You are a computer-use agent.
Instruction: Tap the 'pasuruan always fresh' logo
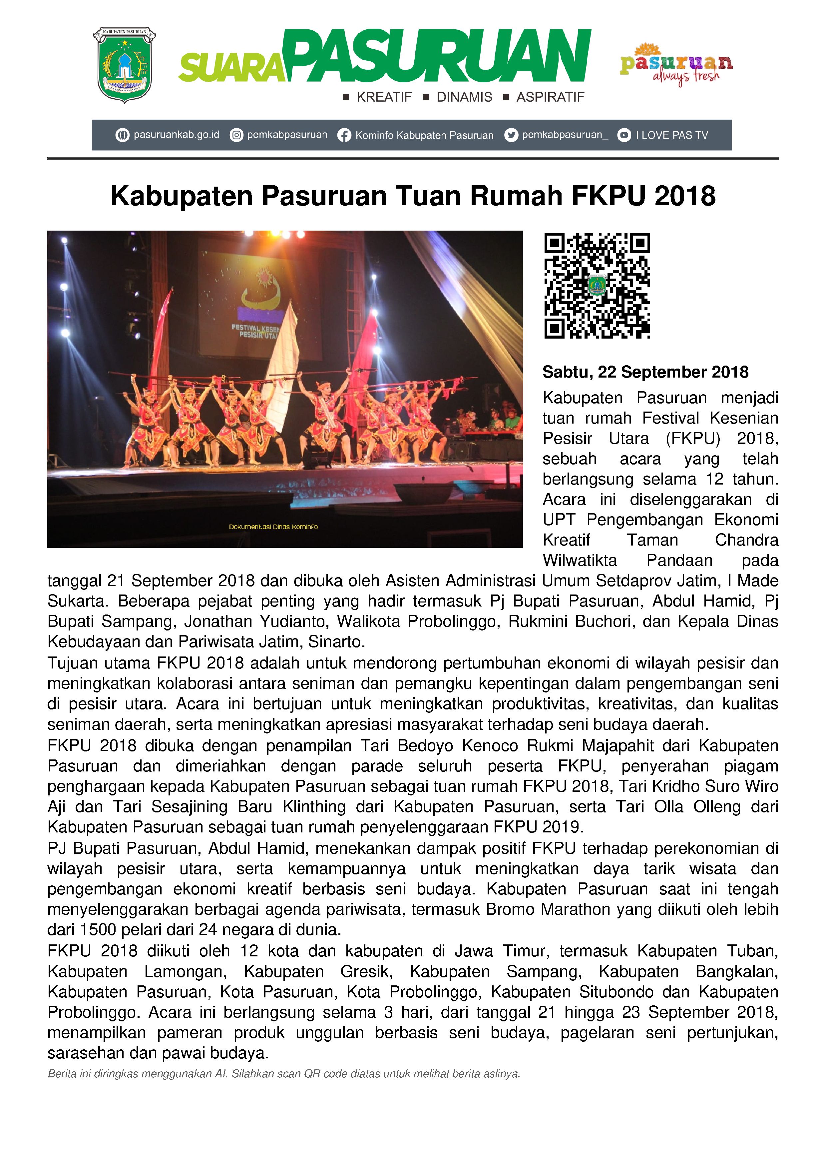tap(675, 65)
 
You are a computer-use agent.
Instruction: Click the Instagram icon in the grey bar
tap(236, 135)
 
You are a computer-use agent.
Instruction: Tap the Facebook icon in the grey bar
tap(344, 135)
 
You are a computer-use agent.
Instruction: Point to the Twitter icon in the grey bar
tap(511, 135)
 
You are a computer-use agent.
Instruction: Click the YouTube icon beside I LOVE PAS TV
tap(624, 135)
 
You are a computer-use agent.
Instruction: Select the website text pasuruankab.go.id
tap(176, 135)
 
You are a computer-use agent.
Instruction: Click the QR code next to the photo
tap(597, 286)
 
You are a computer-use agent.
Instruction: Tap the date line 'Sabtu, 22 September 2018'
tap(645, 372)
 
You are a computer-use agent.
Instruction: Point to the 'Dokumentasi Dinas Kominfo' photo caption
tap(273, 527)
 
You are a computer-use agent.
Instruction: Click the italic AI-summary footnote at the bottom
tap(283, 1074)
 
